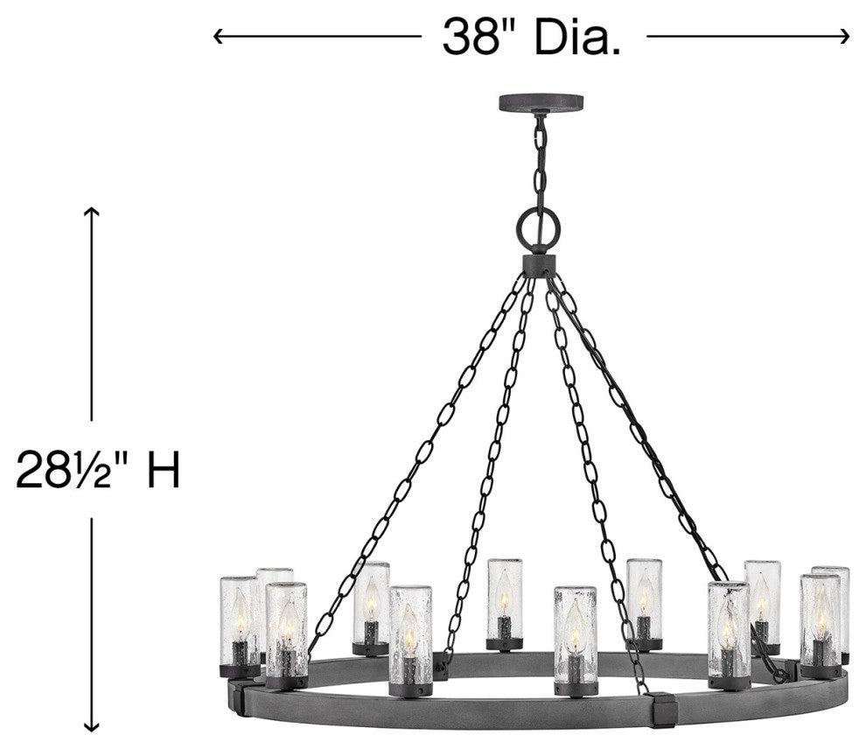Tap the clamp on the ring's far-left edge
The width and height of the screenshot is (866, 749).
pos(235,697)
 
